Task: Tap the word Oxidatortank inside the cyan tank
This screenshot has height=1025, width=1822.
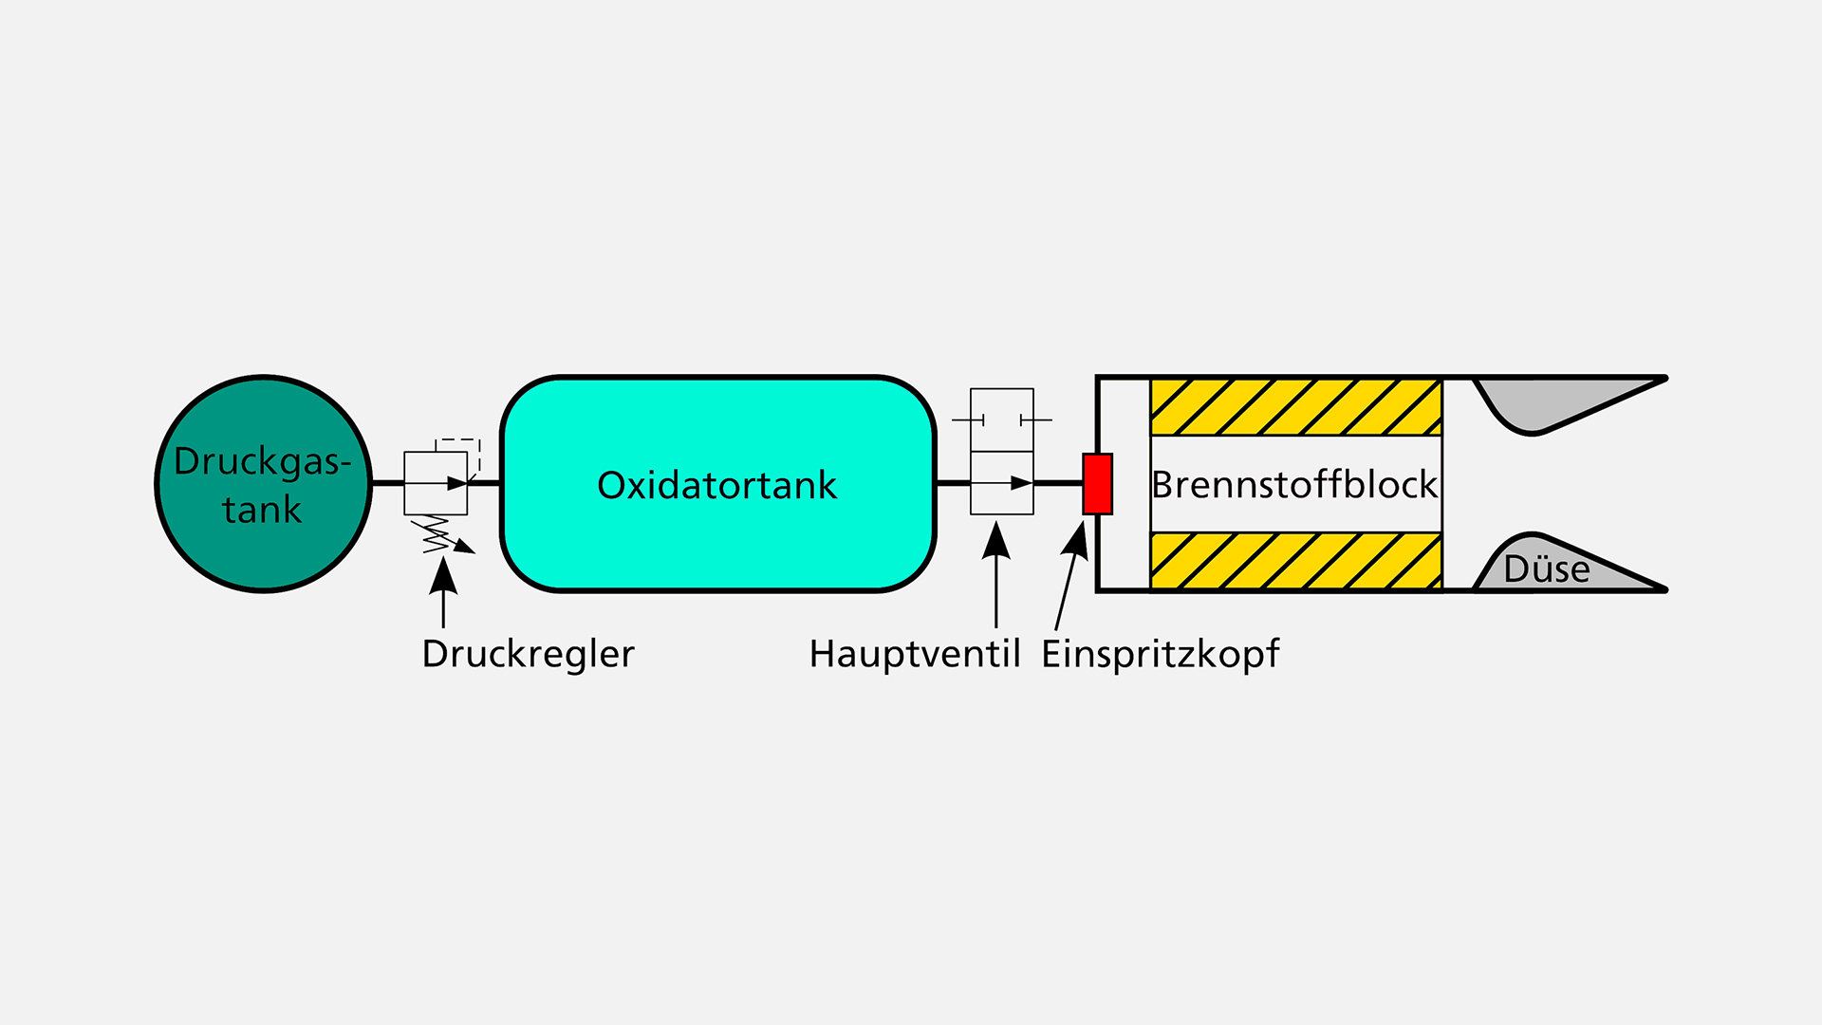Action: point(716,485)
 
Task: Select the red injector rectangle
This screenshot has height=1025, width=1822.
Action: point(1097,484)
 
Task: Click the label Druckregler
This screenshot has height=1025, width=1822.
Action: point(528,654)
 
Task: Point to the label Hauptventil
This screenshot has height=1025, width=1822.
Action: point(914,654)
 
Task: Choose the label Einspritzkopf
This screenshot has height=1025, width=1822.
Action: point(1160,654)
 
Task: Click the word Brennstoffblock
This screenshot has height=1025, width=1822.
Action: point(1294,485)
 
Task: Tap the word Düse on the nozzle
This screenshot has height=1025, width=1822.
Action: point(1546,569)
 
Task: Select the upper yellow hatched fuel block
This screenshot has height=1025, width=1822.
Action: point(1295,407)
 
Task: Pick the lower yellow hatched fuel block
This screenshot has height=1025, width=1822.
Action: point(1295,561)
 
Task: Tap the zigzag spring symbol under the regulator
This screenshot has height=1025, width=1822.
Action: point(436,534)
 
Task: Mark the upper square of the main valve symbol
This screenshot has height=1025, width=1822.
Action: point(1001,419)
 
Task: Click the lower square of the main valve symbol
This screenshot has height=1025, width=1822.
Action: point(1001,483)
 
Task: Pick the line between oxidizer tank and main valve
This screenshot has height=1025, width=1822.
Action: point(953,483)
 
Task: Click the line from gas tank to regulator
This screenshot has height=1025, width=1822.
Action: point(387,483)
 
